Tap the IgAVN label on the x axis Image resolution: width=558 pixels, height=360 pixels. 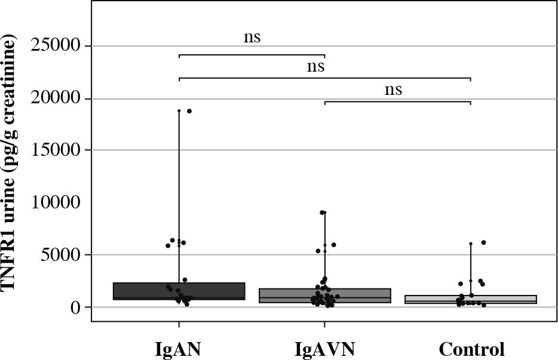324,347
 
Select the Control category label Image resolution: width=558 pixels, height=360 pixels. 471,347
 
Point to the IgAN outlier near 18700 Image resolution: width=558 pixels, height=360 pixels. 189,111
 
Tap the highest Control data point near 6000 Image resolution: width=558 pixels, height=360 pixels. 483,242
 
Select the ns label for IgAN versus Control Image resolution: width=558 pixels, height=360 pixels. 315,66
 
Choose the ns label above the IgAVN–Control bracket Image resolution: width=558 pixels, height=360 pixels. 393,90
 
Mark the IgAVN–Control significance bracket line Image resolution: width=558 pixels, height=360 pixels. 397,101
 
